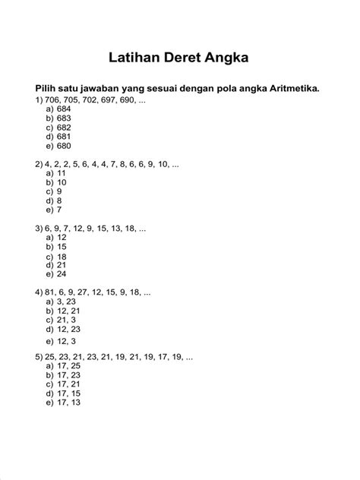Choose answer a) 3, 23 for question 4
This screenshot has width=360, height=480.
(x=60, y=302)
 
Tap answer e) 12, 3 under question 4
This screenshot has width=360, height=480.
(x=60, y=342)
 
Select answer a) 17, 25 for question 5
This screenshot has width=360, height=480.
(x=62, y=366)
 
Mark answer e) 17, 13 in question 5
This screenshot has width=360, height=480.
(x=62, y=403)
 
